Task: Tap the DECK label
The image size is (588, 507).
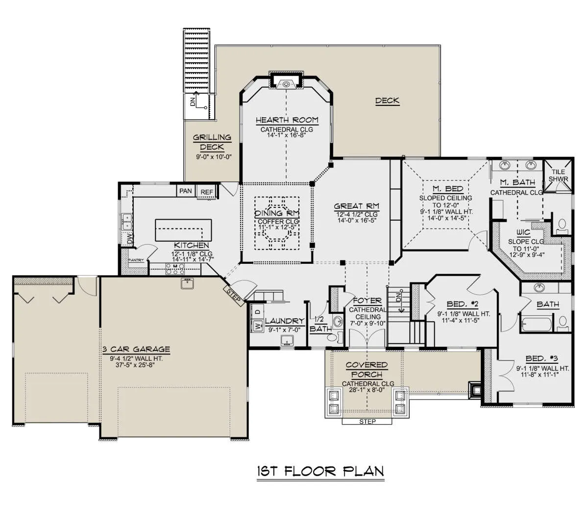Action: coord(387,101)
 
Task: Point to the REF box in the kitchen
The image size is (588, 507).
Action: coord(207,192)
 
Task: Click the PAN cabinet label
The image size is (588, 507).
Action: coord(186,191)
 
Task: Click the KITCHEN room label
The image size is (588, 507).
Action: coord(192,245)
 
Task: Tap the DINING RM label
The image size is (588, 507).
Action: coord(277,213)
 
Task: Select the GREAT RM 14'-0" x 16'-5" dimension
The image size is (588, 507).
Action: coord(356,220)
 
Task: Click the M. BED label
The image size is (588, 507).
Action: coord(446,188)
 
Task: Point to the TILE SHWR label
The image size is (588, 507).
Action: coord(558,176)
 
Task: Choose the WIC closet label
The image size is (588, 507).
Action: coord(523,232)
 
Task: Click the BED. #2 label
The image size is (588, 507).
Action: coord(463,304)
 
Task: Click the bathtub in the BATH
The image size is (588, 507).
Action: coord(536,325)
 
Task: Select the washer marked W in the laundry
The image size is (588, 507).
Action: coord(257,326)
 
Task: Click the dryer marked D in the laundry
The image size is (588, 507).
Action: coord(257,311)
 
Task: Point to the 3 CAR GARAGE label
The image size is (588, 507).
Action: coord(136,349)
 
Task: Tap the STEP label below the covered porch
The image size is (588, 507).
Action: coord(367,422)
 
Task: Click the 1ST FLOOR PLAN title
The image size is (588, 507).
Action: coord(320,471)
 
